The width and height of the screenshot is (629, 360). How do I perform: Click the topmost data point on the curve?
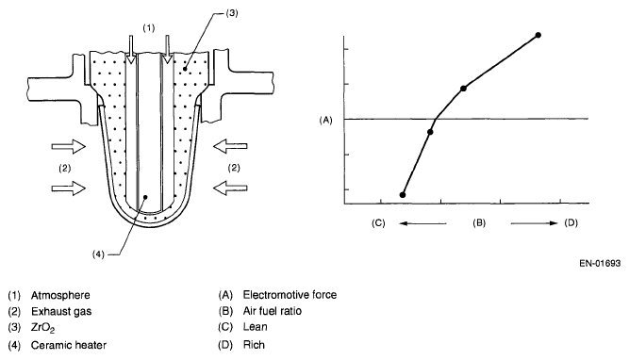pos(538,35)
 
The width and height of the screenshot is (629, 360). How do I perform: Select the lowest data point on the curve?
pos(403,195)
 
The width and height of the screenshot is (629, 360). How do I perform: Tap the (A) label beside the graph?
pos(325,120)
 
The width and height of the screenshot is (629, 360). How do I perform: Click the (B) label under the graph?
pos(479,223)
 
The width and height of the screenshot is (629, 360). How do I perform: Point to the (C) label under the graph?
pos(378,223)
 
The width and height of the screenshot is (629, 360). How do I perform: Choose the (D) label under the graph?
pos(571,223)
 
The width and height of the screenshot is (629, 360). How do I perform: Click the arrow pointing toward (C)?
pos(422,223)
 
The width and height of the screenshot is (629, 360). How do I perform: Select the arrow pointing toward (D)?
pos(534,223)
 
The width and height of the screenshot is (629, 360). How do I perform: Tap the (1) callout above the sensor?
pos(149,27)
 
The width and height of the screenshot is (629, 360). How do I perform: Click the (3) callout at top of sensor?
pos(231,13)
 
